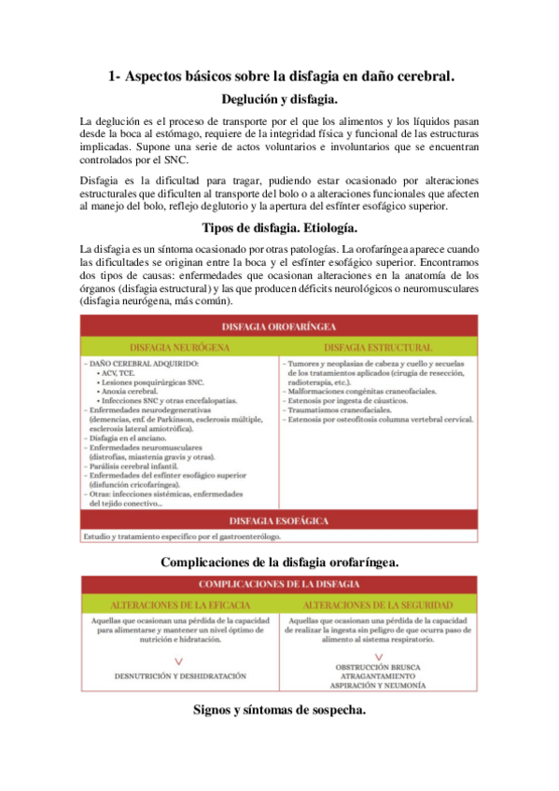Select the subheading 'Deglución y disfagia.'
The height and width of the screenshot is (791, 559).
280,98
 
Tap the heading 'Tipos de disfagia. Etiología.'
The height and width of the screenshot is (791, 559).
280,227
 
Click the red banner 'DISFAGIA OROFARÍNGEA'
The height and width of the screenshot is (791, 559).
280,326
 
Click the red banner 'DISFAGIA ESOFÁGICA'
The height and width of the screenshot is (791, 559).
280,519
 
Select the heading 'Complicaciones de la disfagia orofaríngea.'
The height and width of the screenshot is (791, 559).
280,562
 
